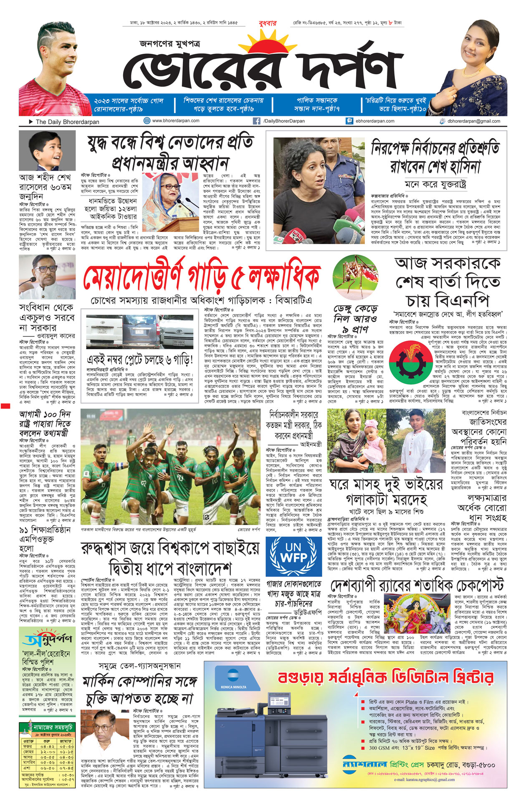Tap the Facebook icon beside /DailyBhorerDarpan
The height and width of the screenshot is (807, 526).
[x=256, y=121]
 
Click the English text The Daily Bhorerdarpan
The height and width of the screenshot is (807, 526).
[x=67, y=122]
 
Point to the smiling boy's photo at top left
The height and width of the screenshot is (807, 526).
[x=47, y=150]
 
